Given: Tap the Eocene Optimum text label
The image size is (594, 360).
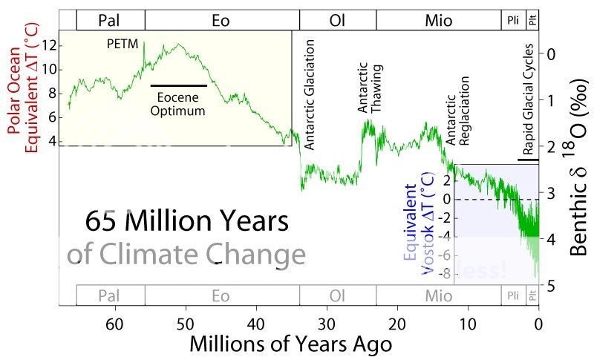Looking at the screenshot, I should (x=178, y=103).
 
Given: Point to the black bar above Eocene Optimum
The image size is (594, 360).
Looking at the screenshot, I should (x=179, y=86).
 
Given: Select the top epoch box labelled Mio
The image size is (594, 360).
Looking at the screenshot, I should (x=438, y=20).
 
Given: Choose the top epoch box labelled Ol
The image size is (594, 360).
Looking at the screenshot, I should (x=338, y=20).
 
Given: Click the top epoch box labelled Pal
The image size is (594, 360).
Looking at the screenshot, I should (x=110, y=20).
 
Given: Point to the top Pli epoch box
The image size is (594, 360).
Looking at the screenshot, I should (x=513, y=20).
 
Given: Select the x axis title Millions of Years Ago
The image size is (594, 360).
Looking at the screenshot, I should (x=290, y=344).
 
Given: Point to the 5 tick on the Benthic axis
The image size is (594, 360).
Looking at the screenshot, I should (x=549, y=285).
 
